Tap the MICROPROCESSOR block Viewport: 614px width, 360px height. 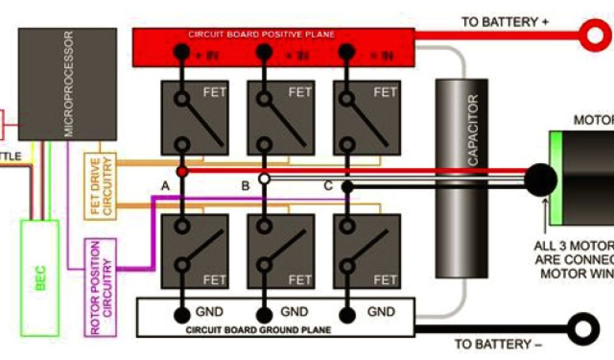click(67, 84)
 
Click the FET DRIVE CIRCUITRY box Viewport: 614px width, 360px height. click(100, 185)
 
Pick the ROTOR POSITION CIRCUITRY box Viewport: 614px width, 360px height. click(100, 287)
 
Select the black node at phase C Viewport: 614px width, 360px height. click(346, 187)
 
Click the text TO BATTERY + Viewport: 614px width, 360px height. click(505, 22)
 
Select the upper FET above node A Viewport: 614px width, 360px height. click(194, 118)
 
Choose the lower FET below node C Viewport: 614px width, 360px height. click(366, 251)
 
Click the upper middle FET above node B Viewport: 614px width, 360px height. click(281, 118)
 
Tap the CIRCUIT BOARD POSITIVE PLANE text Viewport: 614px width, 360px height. click(261, 34)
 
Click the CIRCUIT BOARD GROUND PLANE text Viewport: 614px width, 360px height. click(259, 330)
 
